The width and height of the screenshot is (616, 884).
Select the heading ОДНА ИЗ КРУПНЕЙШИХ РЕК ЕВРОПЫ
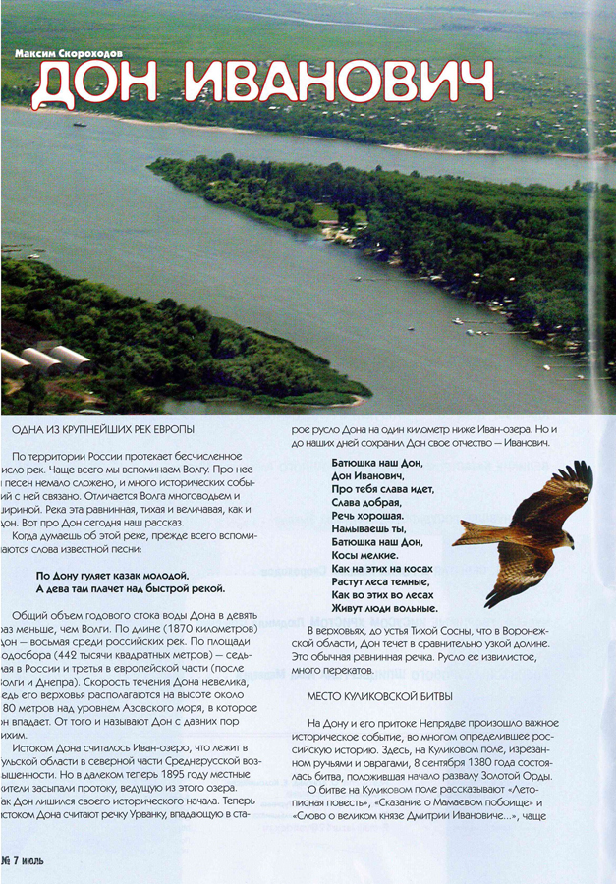pyautogui.click(x=103, y=430)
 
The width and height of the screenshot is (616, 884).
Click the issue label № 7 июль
pyautogui.click(x=22, y=860)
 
